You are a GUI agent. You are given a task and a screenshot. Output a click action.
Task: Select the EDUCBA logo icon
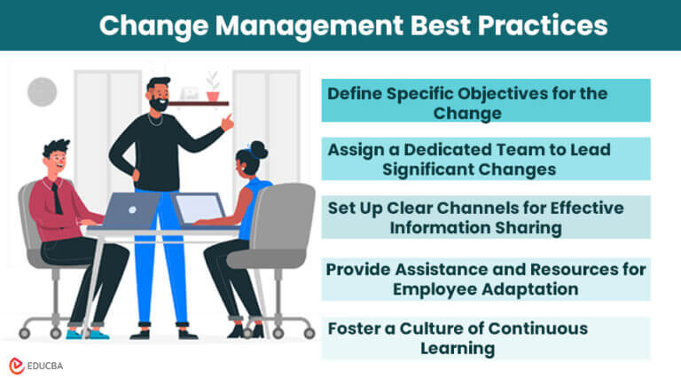pyautogui.click(x=16, y=365)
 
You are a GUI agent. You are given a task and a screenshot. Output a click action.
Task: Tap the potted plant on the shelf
pyautogui.click(x=212, y=87)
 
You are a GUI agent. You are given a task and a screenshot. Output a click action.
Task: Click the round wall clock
pyautogui.click(x=42, y=91)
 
